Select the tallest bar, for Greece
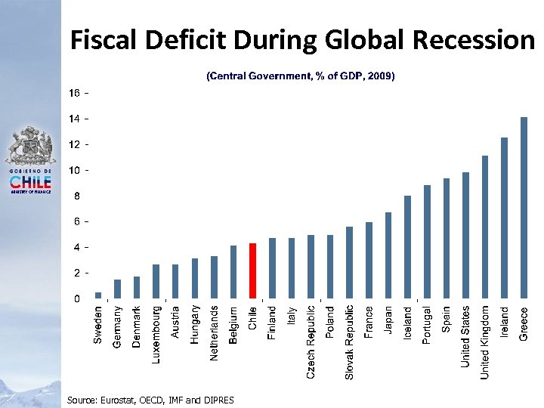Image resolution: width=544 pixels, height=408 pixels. (x=524, y=208)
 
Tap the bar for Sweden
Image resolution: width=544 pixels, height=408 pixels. (x=98, y=295)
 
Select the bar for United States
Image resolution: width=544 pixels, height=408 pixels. (x=465, y=235)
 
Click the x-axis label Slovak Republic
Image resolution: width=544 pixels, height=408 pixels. (x=349, y=342)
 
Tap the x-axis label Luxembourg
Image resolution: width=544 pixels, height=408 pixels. (x=156, y=333)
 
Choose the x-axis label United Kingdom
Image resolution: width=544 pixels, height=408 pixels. (x=485, y=342)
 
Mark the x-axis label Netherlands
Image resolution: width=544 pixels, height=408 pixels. (x=214, y=332)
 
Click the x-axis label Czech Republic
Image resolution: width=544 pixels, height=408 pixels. (x=311, y=342)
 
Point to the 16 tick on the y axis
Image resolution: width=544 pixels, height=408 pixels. (x=76, y=93)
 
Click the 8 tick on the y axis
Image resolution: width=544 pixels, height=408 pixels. (x=76, y=196)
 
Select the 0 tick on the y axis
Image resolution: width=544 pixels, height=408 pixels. (x=76, y=298)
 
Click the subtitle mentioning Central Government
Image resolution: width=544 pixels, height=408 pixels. (x=301, y=76)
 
